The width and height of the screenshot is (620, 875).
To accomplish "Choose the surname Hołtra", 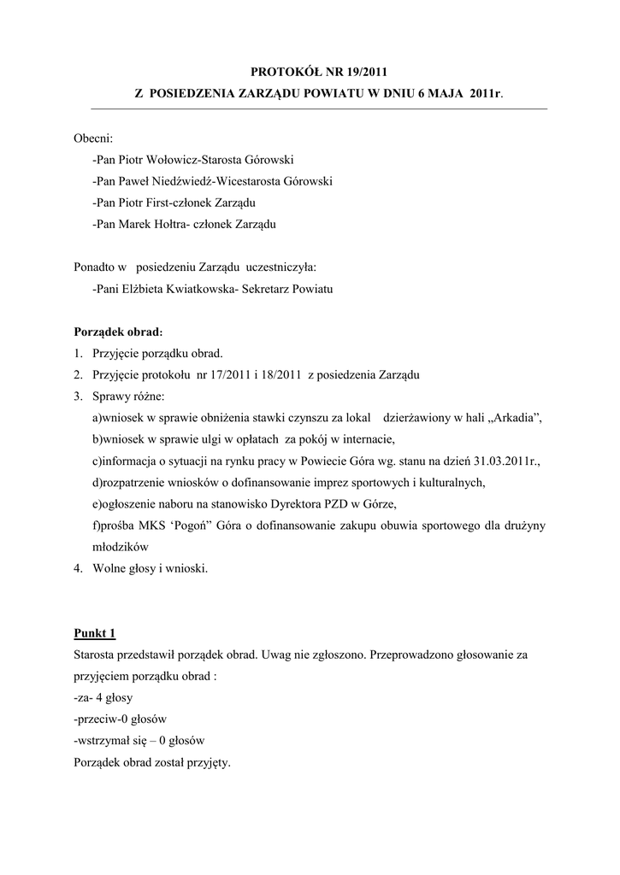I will click(x=192, y=225).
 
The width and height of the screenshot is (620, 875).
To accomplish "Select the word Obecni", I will click(x=92, y=137).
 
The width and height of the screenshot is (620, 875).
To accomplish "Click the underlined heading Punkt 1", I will click(x=94, y=633).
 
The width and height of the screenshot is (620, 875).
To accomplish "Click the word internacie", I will click(x=365, y=440).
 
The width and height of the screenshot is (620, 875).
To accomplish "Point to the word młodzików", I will click(x=121, y=547).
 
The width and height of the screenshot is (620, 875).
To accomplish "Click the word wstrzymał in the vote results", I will click(x=103, y=741).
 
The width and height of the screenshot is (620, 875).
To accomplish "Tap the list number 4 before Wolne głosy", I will click(x=77, y=568).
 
